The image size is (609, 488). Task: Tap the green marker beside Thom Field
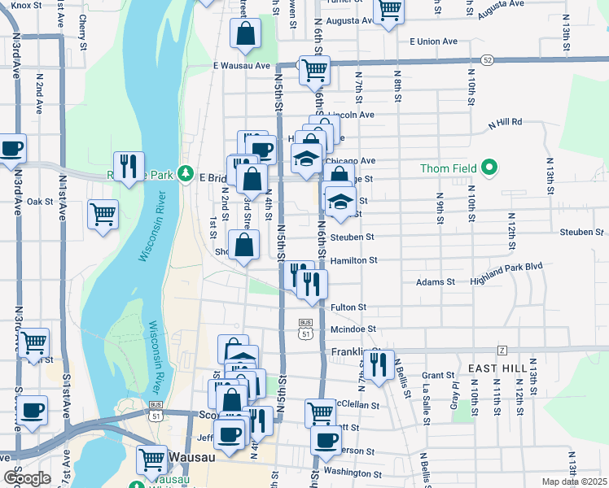489,168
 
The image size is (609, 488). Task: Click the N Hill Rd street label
505,124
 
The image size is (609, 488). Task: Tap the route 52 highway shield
487,59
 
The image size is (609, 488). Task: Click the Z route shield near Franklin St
502,350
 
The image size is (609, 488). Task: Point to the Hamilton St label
354,260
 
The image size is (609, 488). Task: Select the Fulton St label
348,307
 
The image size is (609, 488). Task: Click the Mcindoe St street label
353,329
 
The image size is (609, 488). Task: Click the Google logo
27,477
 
